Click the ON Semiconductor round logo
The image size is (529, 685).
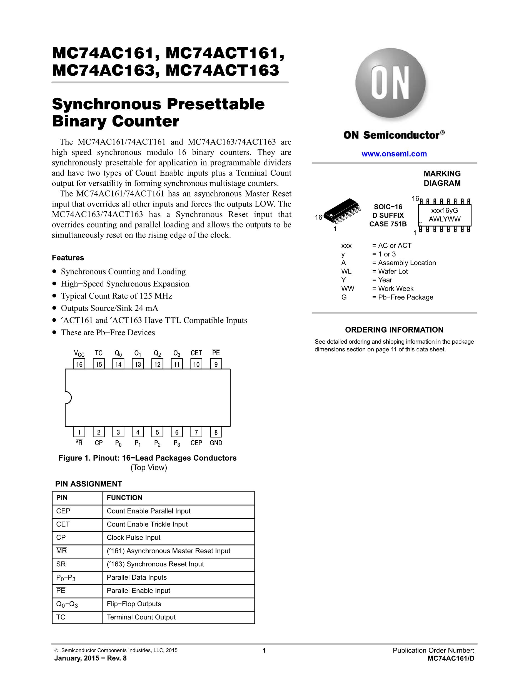(390, 83)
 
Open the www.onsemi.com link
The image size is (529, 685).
(394, 154)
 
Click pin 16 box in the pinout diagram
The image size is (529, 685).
(79, 364)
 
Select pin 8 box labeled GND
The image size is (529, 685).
(216, 433)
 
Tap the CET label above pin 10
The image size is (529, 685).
(196, 353)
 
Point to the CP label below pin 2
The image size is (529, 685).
(99, 443)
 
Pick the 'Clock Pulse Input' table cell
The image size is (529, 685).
(134, 538)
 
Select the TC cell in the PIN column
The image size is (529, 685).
(61, 617)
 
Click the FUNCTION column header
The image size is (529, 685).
(124, 498)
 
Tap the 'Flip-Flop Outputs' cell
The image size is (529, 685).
(134, 604)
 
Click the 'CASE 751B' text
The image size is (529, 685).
(388, 224)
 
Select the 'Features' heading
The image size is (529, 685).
(68, 258)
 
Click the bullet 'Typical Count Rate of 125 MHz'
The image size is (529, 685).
(116, 296)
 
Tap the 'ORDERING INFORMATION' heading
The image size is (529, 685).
(394, 330)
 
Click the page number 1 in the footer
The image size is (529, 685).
(264, 651)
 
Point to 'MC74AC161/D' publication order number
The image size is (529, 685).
(451, 658)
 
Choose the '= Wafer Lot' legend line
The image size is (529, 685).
(390, 272)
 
